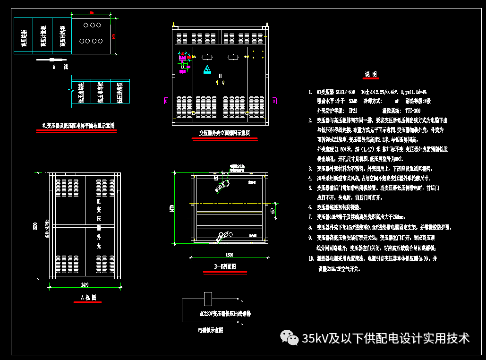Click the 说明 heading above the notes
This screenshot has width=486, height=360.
click(371, 74)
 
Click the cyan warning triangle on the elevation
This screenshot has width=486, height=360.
click(207, 70)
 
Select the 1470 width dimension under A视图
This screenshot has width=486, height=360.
click(85, 284)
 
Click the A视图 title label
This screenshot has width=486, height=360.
click(88, 298)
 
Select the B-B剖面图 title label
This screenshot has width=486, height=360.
click(225, 267)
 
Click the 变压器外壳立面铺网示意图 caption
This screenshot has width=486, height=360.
click(224, 133)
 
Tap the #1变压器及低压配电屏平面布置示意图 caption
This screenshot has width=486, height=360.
click(78, 126)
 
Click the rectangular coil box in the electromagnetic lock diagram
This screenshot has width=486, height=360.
click(207, 299)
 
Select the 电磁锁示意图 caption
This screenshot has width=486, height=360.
click(211, 331)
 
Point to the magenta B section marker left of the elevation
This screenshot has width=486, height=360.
click(166, 100)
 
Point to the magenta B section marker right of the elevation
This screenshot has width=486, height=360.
click(274, 100)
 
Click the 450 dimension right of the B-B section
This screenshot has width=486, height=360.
click(273, 211)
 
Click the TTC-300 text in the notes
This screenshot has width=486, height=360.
click(411, 111)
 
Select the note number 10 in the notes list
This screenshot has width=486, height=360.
click(311, 259)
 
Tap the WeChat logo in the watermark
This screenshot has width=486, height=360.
click(289, 337)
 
